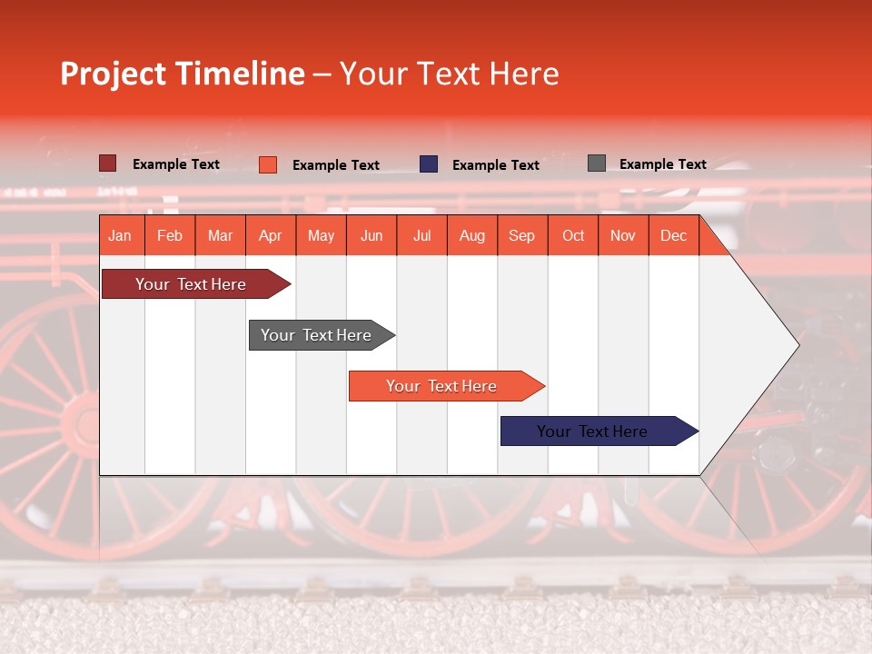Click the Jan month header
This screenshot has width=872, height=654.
coord(120,235)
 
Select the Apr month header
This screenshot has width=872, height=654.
coord(270,235)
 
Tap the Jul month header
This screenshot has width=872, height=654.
coord(421,235)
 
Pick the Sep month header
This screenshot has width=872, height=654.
coord(521,235)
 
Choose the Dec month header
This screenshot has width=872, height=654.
coord(673,235)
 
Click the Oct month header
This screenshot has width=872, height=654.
coord(573,235)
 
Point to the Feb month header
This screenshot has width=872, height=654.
coord(170,235)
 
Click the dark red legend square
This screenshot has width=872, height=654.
coord(107,163)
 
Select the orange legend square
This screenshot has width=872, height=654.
coord(267,164)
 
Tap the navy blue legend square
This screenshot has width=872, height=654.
coord(429,164)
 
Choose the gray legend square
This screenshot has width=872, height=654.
coord(596,163)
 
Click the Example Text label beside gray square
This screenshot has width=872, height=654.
coord(662,164)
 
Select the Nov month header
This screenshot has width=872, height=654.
coord(623,235)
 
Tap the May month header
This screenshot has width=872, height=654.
coord(321,235)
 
